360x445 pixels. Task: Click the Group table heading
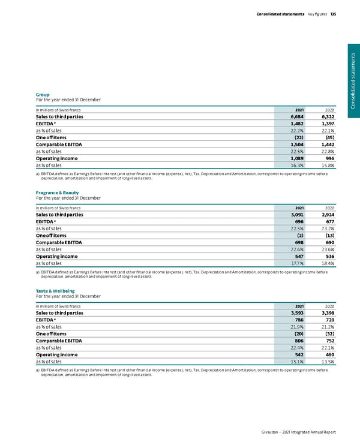point(43,94)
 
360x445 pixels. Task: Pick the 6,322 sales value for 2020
point(325,118)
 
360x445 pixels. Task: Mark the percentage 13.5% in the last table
point(326,361)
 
